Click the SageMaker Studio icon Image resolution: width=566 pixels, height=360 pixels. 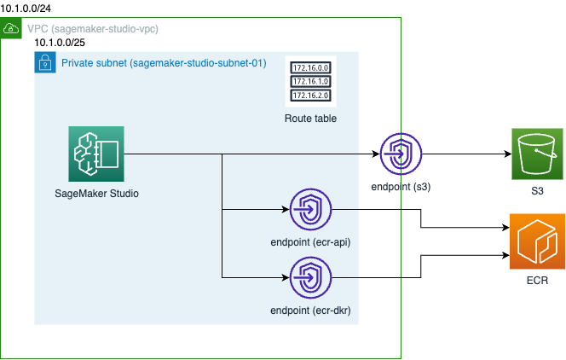pyautogui.click(x=95, y=154)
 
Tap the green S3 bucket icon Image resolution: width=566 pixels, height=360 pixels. pyautogui.click(x=536, y=154)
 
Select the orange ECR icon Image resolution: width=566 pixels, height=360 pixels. pyautogui.click(x=536, y=240)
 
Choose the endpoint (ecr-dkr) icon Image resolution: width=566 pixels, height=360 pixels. pyautogui.click(x=310, y=277)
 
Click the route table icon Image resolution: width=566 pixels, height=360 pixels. pyautogui.click(x=310, y=81)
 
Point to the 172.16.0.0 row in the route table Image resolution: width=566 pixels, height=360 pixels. pyautogui.click(x=310, y=67)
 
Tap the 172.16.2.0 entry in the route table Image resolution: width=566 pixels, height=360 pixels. pyautogui.click(x=310, y=96)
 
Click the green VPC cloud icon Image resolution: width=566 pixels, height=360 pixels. pyautogui.click(x=12, y=29)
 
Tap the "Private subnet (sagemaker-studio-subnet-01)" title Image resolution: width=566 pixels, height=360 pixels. pyautogui.click(x=164, y=63)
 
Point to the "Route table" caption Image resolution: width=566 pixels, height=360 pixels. pyautogui.click(x=310, y=119)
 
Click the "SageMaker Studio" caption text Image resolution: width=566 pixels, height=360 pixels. pyautogui.click(x=95, y=193)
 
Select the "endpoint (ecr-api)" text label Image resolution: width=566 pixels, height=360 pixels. pyautogui.click(x=310, y=242)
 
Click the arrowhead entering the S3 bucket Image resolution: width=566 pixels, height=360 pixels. pyautogui.click(x=505, y=154)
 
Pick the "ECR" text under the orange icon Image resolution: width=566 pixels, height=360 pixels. pyautogui.click(x=537, y=280)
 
